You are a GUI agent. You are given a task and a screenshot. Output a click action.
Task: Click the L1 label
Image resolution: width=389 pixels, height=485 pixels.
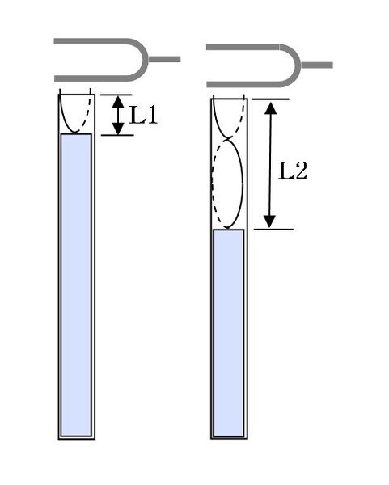(x=144, y=115)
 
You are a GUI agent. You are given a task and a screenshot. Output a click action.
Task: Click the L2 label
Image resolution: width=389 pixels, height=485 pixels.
(x=293, y=171)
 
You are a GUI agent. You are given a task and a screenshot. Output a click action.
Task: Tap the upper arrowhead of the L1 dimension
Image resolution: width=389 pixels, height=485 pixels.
(x=118, y=102)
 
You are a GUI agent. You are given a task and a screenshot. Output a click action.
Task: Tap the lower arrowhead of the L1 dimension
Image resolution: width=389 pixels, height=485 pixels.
(x=118, y=129)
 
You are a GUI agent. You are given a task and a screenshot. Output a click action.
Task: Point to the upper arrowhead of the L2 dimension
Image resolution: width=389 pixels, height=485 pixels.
(x=271, y=108)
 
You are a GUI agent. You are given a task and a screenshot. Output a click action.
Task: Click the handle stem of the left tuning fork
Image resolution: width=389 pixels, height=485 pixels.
(x=164, y=59)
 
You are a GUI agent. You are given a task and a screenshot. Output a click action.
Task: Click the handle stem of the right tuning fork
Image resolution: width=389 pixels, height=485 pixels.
(x=317, y=65)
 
